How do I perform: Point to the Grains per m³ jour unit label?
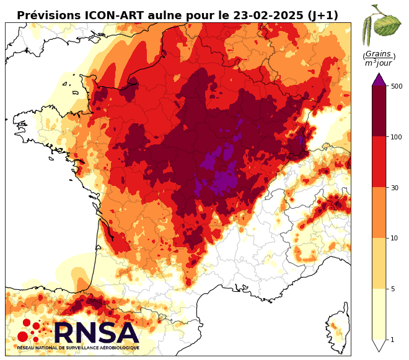(379, 59)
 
